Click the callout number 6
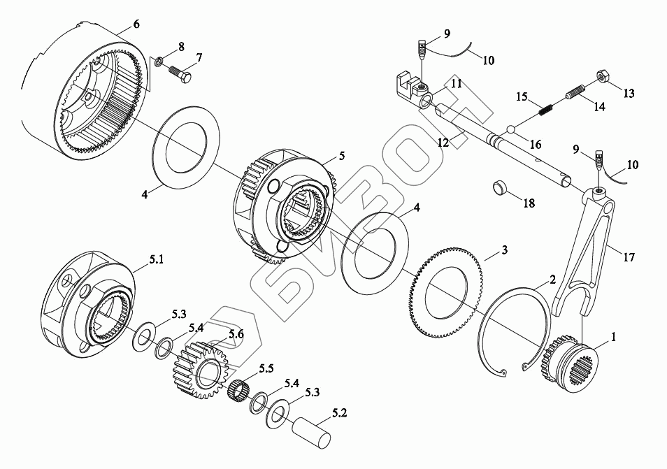(x=136, y=24)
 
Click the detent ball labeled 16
(x=512, y=129)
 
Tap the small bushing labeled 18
(x=501, y=188)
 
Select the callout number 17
(x=629, y=257)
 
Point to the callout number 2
(x=552, y=280)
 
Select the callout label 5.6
(x=236, y=334)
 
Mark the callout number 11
(x=456, y=84)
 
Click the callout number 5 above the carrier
(x=341, y=155)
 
